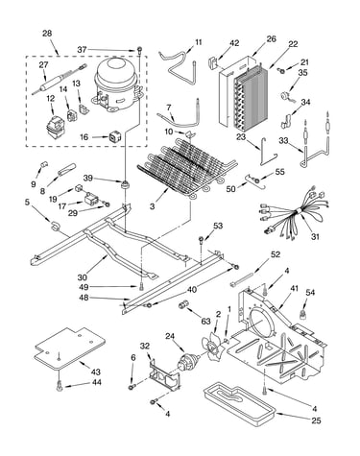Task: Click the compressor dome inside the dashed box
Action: point(116,84)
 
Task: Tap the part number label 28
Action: point(47,34)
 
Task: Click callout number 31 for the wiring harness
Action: point(315,236)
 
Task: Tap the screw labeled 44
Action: point(60,386)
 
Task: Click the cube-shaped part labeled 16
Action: point(115,136)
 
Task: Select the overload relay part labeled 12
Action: point(55,126)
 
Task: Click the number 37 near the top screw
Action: point(82,50)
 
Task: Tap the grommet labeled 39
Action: point(124,184)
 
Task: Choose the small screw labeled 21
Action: point(281,71)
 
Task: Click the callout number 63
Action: point(205,321)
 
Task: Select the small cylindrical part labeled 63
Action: point(183,305)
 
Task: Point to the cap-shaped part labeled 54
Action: point(302,314)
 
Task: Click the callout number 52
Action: point(276,254)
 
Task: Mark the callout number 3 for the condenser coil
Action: point(152,206)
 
